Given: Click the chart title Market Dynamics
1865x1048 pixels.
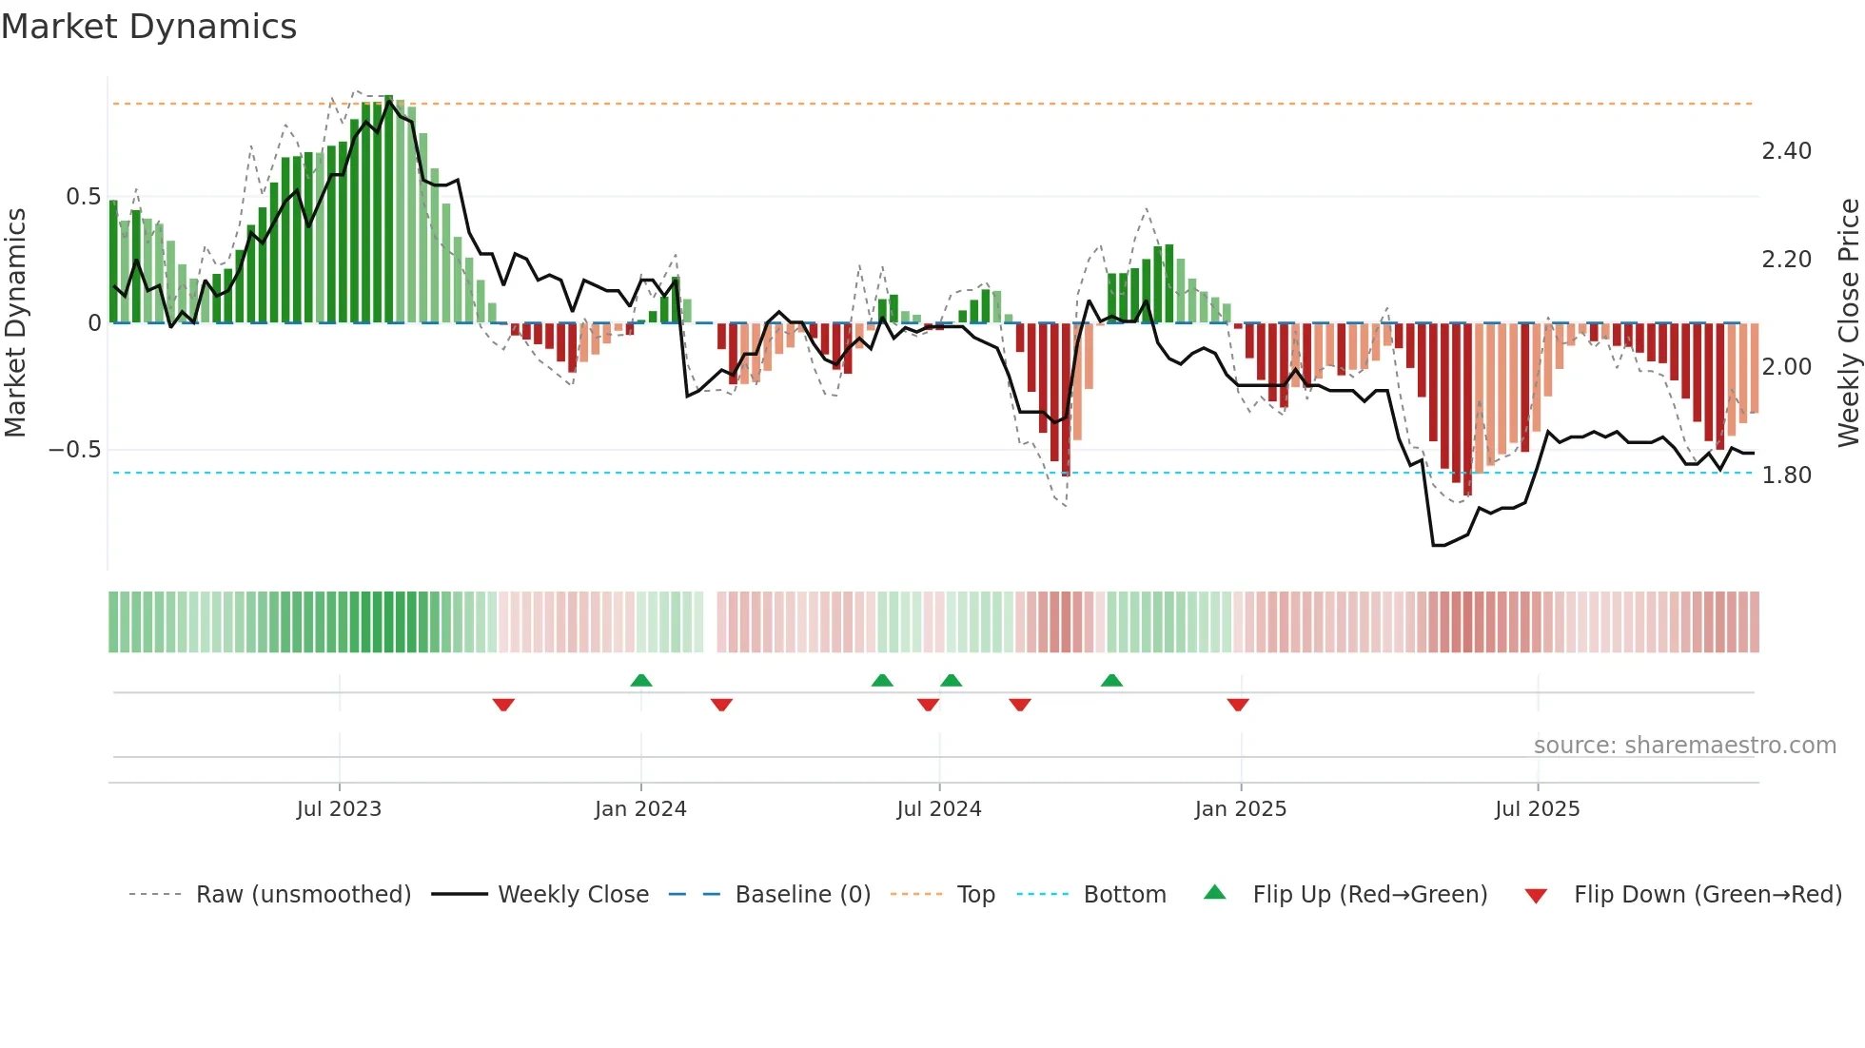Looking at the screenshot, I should (x=148, y=27).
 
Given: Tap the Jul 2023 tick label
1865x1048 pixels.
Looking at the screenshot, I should (x=339, y=809).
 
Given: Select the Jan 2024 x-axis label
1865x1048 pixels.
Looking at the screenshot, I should (x=640, y=809).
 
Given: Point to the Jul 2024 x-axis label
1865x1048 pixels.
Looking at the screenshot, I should (x=938, y=809).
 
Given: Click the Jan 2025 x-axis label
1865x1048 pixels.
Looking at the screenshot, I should (x=1241, y=809).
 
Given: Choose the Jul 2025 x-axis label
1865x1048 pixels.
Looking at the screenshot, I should (x=1537, y=809).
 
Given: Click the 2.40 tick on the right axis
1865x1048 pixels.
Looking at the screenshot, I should (x=1786, y=151).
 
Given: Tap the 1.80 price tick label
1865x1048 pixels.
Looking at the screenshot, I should (x=1786, y=475).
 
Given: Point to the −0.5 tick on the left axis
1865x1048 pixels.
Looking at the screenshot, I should (x=74, y=450).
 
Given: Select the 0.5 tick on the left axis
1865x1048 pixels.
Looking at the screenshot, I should (x=83, y=197).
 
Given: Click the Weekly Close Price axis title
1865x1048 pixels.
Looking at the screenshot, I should (x=1848, y=322).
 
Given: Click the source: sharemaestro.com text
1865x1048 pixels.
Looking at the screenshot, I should (x=1684, y=746).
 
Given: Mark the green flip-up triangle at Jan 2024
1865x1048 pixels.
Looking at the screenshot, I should (x=641, y=680).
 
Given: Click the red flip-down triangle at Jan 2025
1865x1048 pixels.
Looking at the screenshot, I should (x=1238, y=705).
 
